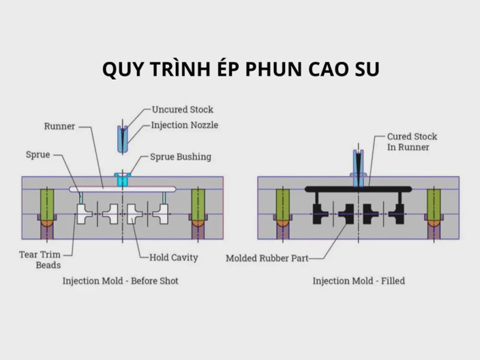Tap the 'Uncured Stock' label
click(182, 110)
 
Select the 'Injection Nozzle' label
click(185, 125)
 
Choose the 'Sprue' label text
click(38, 155)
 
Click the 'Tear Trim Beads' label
click(40, 259)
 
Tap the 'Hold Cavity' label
click(173, 258)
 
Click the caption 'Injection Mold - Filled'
click(359, 280)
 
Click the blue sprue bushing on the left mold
click(123, 178)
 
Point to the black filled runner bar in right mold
click(336, 189)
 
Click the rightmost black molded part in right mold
click(398, 213)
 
